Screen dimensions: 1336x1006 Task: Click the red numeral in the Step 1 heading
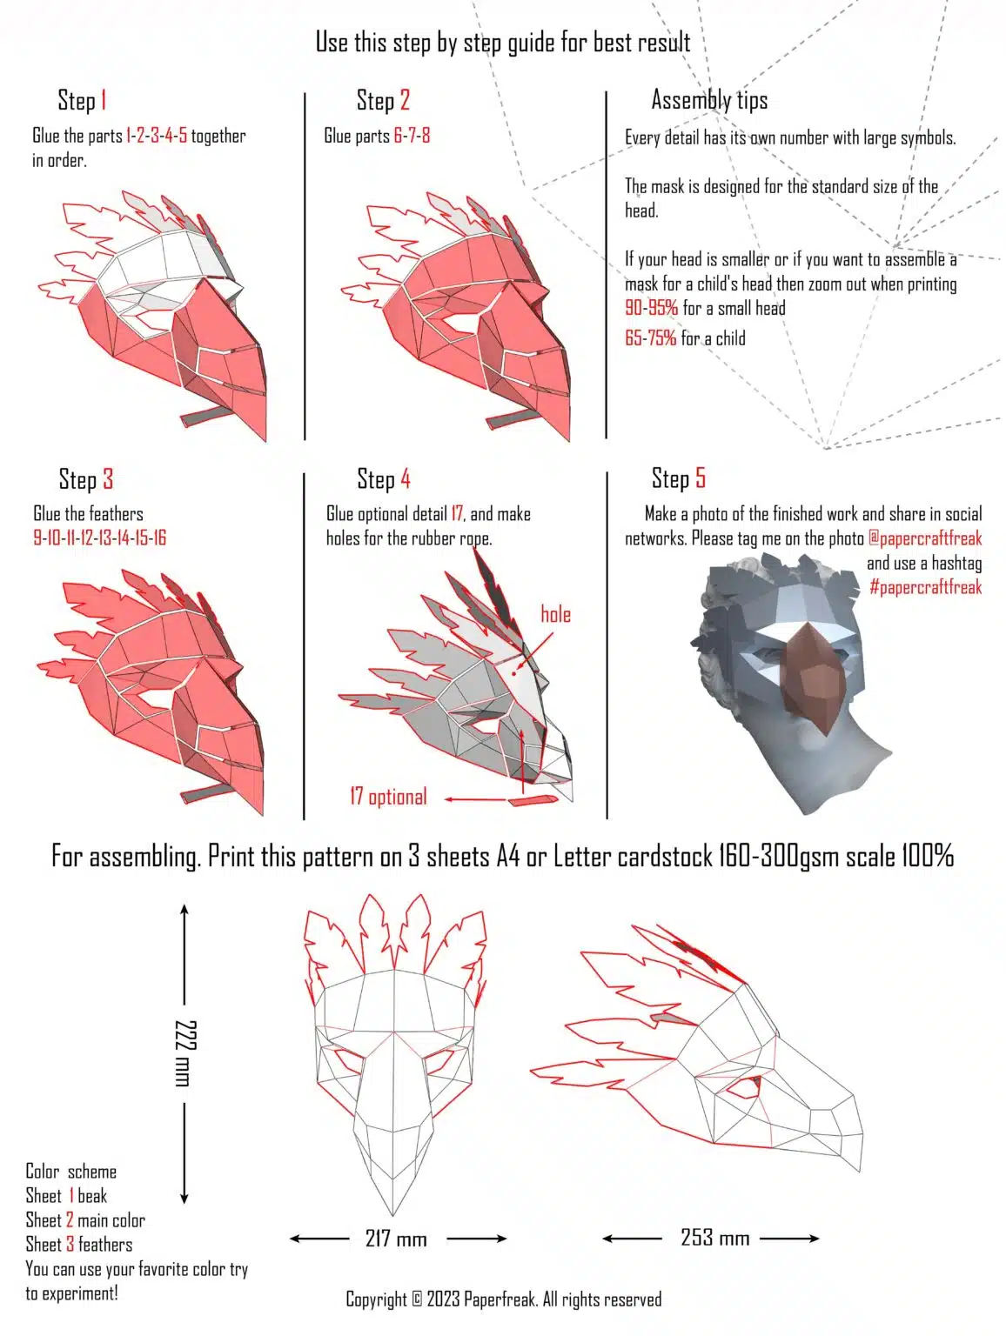pos(104,100)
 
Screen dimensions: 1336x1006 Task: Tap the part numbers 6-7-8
pos(412,136)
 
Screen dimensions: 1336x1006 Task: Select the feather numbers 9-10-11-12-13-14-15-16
pos(99,538)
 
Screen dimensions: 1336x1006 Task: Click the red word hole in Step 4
pos(555,615)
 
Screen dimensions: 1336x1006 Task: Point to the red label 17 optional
pos(388,797)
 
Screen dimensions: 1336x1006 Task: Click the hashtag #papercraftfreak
pos(925,587)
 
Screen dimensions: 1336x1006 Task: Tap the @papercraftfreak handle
pos(925,538)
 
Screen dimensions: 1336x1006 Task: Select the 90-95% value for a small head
pos(652,308)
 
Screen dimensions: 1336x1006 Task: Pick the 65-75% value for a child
pos(650,338)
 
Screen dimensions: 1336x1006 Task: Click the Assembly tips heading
pos(709,100)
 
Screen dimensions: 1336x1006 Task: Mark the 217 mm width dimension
pos(396,1239)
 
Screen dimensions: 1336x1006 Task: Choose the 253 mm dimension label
pos(714,1237)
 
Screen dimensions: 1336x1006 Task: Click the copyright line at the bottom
pos(503,1299)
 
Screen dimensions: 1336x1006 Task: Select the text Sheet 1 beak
pos(66,1196)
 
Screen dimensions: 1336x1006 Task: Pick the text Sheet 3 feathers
pos(79,1245)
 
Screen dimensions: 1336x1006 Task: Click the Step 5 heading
pos(678,478)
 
